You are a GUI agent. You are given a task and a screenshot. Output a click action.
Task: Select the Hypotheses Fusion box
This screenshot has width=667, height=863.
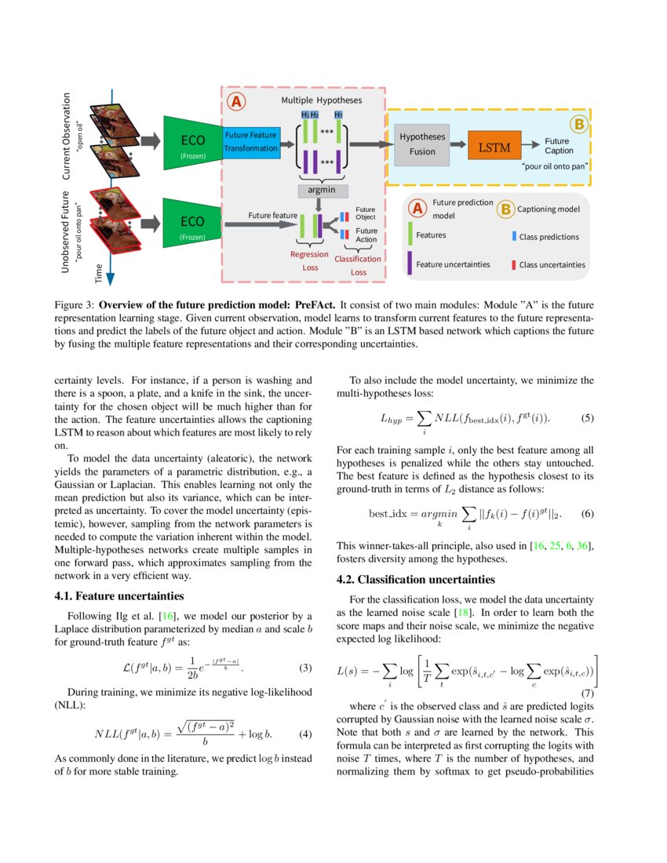(x=422, y=144)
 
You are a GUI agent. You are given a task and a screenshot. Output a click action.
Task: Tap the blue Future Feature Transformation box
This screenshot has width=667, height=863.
(x=251, y=142)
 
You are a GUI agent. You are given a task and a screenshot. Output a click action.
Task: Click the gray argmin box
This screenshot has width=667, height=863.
(x=323, y=191)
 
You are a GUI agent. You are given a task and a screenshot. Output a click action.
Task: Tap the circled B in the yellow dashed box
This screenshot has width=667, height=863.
(x=579, y=124)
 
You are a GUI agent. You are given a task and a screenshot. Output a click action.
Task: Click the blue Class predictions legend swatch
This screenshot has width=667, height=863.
(x=514, y=236)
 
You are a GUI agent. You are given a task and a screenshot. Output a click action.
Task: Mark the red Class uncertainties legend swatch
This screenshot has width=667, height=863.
(x=514, y=264)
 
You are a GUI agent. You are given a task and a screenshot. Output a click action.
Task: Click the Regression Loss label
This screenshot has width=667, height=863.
(x=309, y=260)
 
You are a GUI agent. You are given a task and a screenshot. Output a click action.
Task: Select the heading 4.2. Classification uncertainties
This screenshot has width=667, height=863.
(x=415, y=580)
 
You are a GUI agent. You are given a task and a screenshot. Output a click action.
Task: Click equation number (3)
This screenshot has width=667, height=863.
(x=307, y=669)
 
